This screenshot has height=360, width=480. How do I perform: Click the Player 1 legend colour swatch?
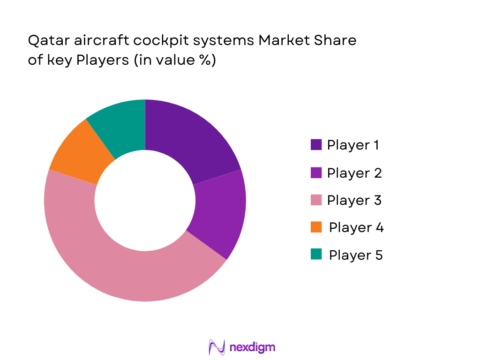tap(316, 144)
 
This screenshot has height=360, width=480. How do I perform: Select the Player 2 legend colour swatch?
tap(316, 172)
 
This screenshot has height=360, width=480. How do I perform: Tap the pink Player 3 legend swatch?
tap(316, 200)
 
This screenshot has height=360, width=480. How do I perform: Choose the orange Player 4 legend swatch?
tap(316, 227)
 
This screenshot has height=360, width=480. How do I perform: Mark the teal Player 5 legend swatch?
tap(316, 255)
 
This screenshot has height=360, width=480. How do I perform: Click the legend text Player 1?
tap(353, 145)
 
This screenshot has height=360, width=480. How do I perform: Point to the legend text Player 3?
tap(354, 200)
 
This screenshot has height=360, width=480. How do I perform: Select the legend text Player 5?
tap(356, 255)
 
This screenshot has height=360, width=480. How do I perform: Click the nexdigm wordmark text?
tap(253, 347)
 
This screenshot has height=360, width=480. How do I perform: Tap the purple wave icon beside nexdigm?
tap(217, 347)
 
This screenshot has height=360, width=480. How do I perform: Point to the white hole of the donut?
tap(145, 200)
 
